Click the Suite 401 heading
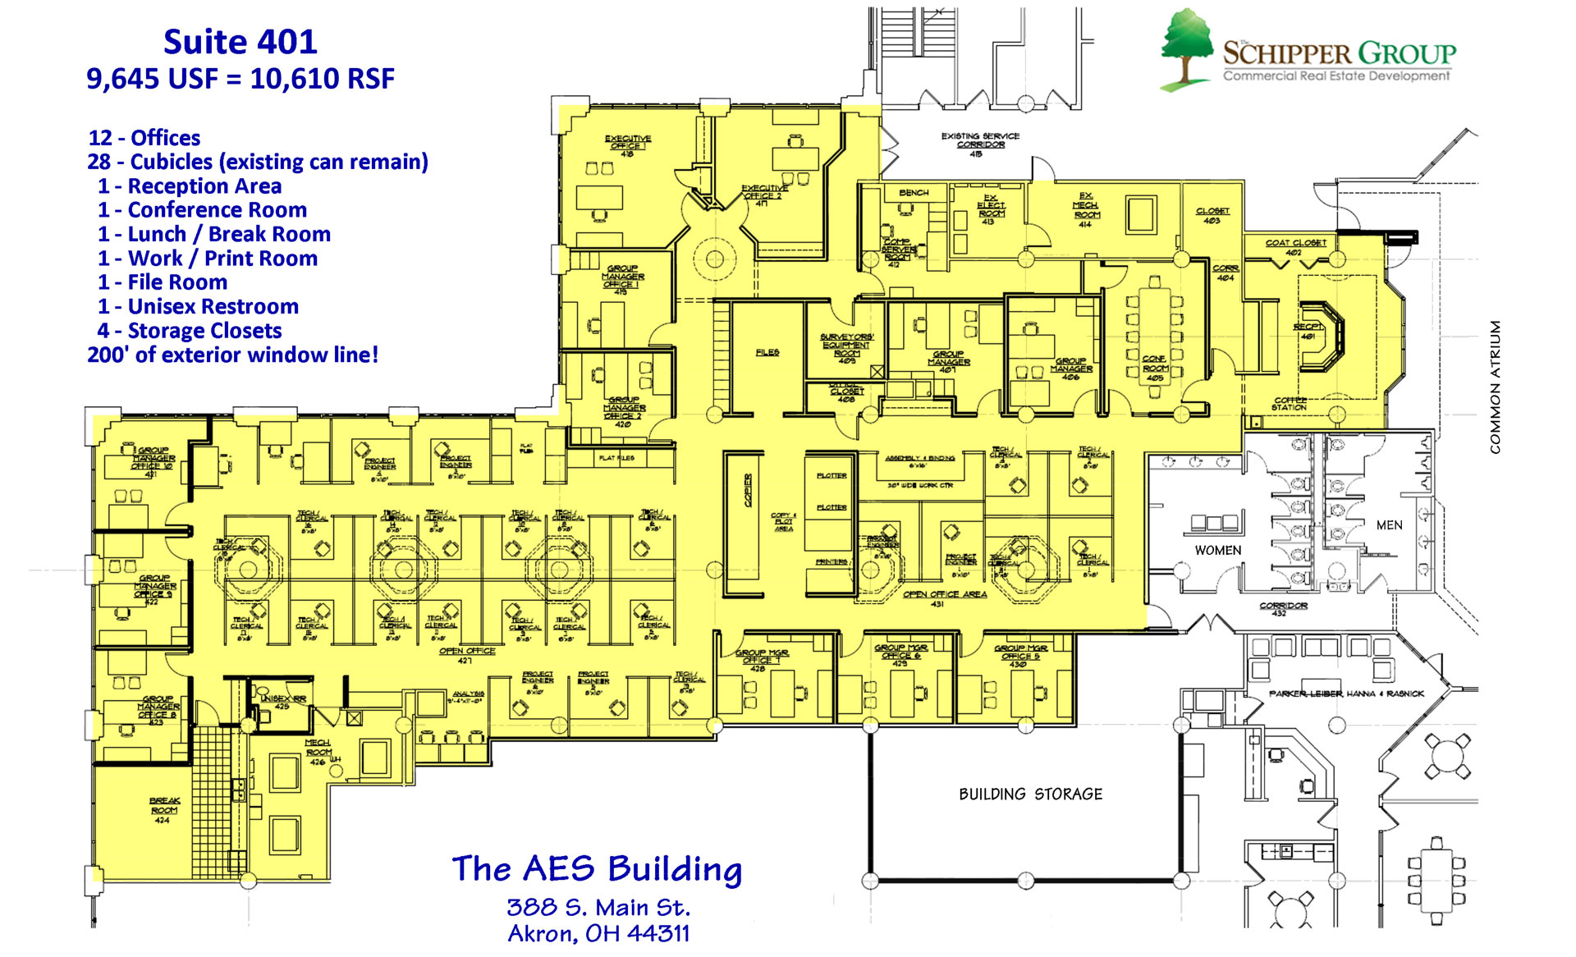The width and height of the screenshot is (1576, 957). tap(240, 42)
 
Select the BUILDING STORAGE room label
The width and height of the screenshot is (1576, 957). tap(1030, 794)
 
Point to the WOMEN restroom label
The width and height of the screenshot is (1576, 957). tap(1217, 550)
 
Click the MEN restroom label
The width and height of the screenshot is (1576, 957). tap(1389, 525)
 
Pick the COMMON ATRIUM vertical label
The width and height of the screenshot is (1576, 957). tap(1495, 387)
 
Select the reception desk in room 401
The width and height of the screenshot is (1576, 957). tap(1322, 337)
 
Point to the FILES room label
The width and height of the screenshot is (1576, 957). tap(767, 352)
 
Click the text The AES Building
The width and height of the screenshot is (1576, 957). tap(597, 868)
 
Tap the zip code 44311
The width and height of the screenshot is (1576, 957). tap(658, 934)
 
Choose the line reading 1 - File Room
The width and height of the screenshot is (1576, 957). tap(163, 282)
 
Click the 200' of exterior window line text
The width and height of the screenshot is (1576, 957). tap(233, 355)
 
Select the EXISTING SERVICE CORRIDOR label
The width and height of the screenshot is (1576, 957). tap(979, 140)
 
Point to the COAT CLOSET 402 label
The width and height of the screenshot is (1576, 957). tap(1295, 246)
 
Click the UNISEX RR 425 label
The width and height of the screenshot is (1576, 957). tap(282, 702)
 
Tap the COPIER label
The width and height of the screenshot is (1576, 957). tap(748, 490)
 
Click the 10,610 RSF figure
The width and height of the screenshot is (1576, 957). tap(322, 79)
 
